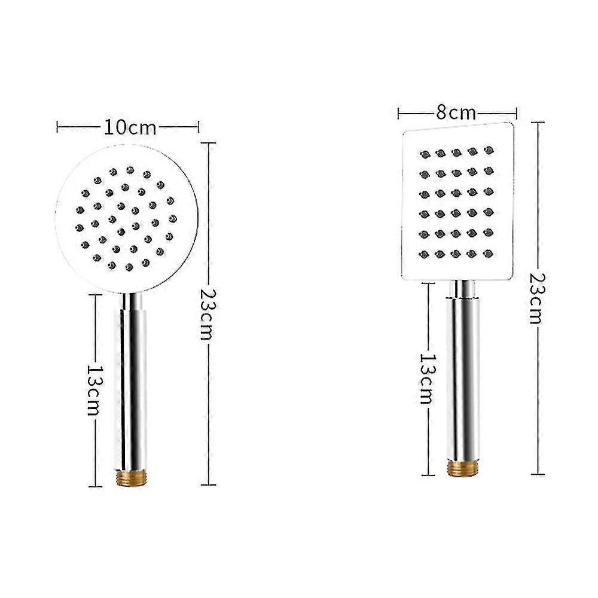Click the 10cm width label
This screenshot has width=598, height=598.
[x=130, y=127]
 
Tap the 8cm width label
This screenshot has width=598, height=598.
[x=456, y=112]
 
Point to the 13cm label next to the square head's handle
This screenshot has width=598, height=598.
[x=425, y=378]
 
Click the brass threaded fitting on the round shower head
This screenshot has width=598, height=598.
[x=130, y=476]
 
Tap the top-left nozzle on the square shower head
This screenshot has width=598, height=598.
[x=425, y=155]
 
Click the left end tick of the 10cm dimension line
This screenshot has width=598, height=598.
[x=57, y=127]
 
